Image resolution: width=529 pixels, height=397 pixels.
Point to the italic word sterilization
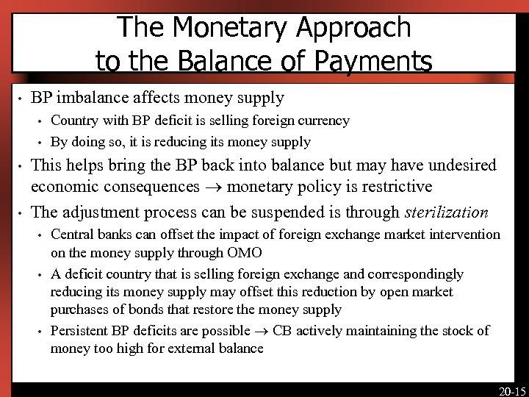point(446,212)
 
